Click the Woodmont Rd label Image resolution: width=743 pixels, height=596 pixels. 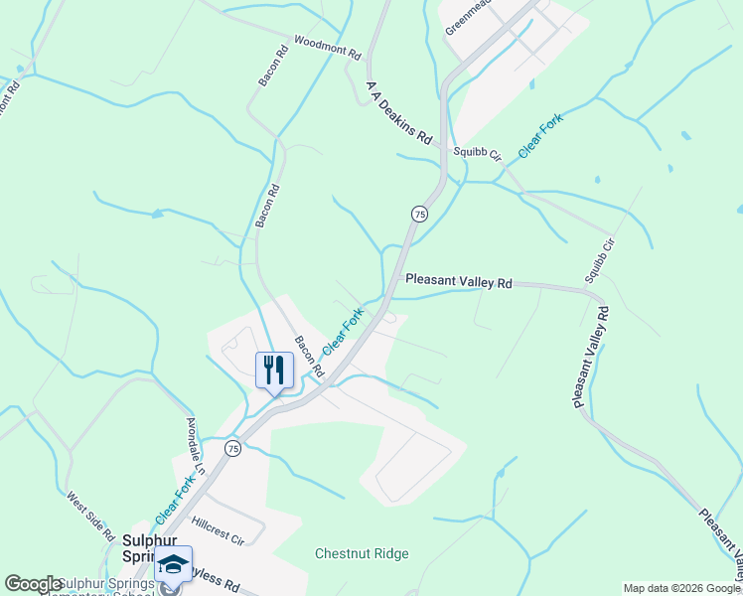tap(326, 51)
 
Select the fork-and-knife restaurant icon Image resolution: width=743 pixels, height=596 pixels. tap(272, 371)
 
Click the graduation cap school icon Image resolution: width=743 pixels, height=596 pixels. tap(174, 564)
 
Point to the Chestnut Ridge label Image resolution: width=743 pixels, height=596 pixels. tap(362, 553)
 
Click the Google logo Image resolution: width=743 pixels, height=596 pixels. tap(33, 584)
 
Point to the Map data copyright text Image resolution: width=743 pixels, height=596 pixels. tap(681, 588)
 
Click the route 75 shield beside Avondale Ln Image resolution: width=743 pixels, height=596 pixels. tap(232, 448)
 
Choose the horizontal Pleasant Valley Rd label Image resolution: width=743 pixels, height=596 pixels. tap(458, 282)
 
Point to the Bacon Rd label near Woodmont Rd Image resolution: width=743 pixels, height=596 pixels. tap(267, 65)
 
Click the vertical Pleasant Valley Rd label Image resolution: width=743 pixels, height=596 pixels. tap(590, 358)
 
